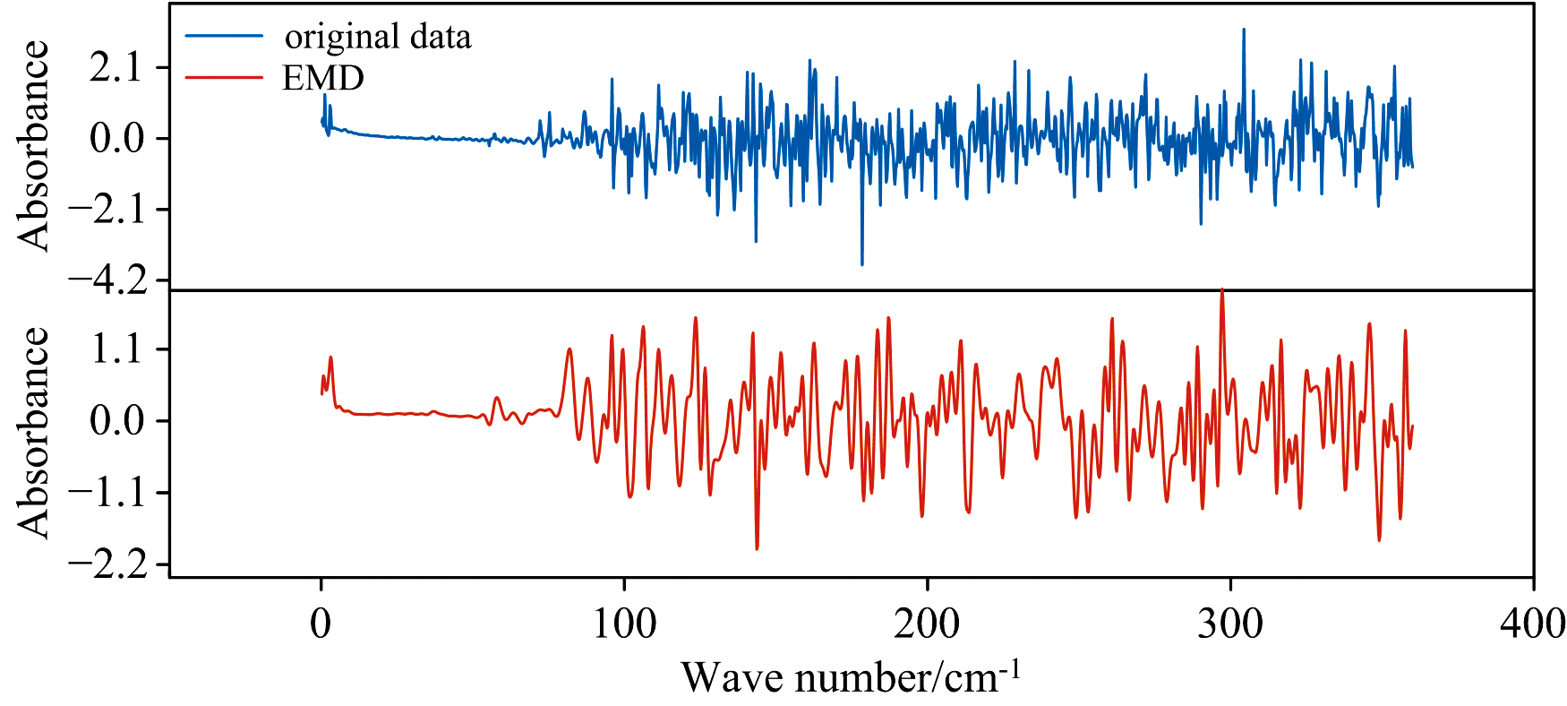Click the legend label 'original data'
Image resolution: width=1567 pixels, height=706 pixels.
(x=377, y=37)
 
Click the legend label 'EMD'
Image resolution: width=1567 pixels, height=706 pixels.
(x=322, y=79)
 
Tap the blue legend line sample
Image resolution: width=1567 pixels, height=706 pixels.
(x=224, y=37)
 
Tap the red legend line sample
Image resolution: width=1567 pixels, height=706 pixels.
(x=224, y=78)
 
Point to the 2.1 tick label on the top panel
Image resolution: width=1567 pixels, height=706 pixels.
(x=116, y=67)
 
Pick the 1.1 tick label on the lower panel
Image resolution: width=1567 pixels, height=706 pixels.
(x=116, y=349)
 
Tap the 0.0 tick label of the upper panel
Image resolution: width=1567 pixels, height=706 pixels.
(x=116, y=138)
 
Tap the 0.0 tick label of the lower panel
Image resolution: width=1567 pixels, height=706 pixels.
(x=116, y=420)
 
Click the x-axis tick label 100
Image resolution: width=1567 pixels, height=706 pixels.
(x=624, y=624)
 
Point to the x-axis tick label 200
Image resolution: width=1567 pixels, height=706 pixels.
(x=927, y=624)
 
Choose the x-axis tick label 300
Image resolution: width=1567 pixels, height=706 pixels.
(x=1230, y=624)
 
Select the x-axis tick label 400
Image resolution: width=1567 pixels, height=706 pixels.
(x=1533, y=624)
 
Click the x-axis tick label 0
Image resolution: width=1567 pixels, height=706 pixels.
(x=321, y=624)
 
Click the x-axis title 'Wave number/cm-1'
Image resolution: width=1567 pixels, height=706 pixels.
(x=851, y=676)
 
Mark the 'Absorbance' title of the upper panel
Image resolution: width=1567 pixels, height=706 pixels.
(x=34, y=145)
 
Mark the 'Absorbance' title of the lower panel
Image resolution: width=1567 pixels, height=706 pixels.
(x=34, y=433)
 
